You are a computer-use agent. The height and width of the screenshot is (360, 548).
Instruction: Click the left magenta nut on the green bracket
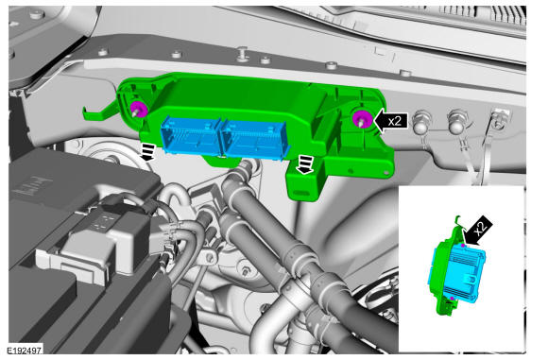coord(139,109)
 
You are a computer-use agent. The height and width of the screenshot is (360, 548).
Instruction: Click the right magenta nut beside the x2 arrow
coord(362,118)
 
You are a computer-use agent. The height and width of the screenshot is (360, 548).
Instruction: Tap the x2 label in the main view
coord(395,121)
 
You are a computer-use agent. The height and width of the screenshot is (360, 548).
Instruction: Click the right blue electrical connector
coord(255,139)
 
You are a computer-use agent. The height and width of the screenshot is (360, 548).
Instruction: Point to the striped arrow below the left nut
coord(147,153)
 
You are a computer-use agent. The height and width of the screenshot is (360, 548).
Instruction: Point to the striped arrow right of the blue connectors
coord(304,164)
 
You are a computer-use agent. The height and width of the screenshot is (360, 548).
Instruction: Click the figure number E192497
coord(25,350)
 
